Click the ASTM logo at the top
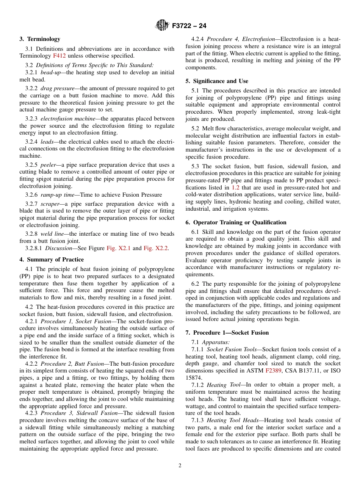pyautogui.click(x=162, y=26)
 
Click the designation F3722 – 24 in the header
pyautogui.click(x=189, y=26)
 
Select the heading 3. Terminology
pyautogui.click(x=40, y=39)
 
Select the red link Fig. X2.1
pyautogui.click(x=118, y=248)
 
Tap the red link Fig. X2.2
pyautogui.click(x=155, y=248)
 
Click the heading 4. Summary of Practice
pyautogui.click(x=52, y=260)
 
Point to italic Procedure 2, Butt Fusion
pyautogui.click(x=72, y=363)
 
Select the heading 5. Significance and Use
pyautogui.click(x=217, y=81)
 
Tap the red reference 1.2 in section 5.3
pyautogui.click(x=235, y=187)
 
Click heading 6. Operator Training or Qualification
pyautogui.click(x=236, y=222)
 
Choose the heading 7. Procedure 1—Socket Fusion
pyautogui.click(x=227, y=333)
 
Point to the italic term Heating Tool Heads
pyautogui.click(x=227, y=420)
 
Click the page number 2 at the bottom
pyautogui.click(x=180, y=466)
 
